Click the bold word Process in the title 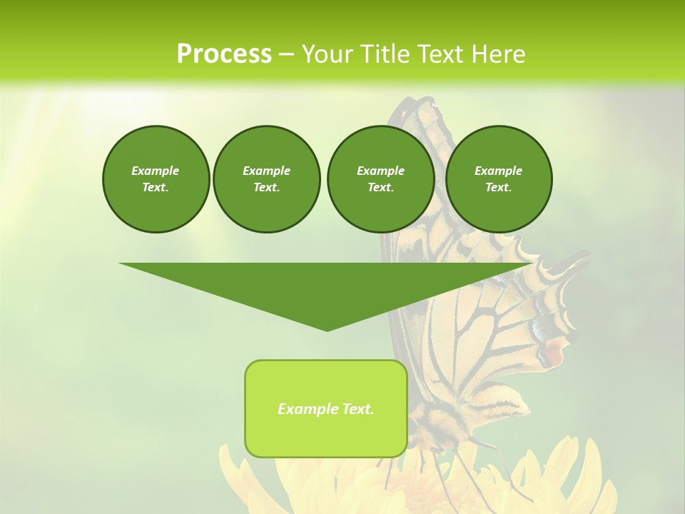click(x=224, y=54)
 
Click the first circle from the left click(x=156, y=179)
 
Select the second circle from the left click(x=266, y=179)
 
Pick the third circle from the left click(x=380, y=179)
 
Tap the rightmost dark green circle click(x=498, y=179)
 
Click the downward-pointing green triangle click(x=326, y=286)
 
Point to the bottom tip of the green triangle click(x=327, y=330)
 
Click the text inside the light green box click(x=326, y=409)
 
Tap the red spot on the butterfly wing click(x=554, y=352)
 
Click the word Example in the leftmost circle click(x=156, y=171)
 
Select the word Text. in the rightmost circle click(x=498, y=188)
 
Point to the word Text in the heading click(x=439, y=54)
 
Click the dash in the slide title click(x=286, y=54)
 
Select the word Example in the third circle click(x=380, y=171)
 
